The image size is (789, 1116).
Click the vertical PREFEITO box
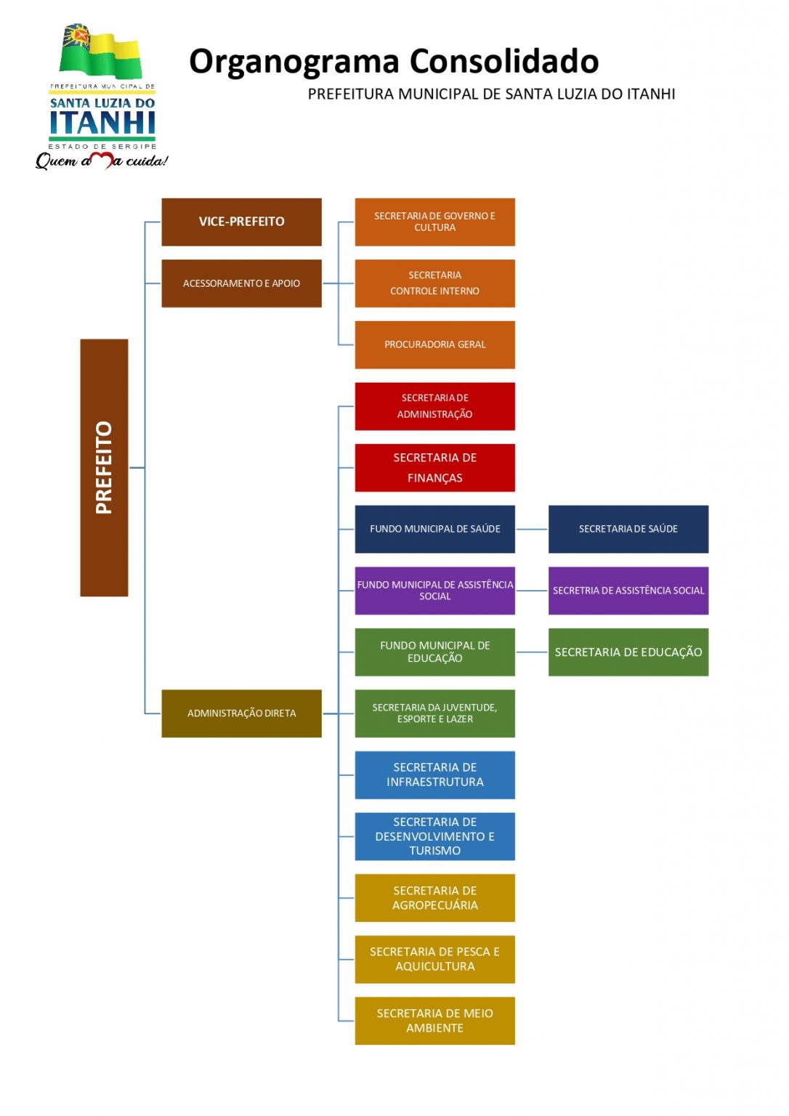point(104,467)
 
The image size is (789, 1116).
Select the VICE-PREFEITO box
point(241,222)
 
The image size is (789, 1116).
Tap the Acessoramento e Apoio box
point(241,283)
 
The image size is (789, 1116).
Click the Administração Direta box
point(241,713)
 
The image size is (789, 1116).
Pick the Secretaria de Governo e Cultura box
point(434,222)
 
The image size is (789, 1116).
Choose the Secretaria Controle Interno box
point(434,283)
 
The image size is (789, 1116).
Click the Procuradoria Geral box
point(434,344)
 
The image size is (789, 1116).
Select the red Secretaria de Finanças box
point(434,468)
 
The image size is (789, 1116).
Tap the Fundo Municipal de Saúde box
point(434,529)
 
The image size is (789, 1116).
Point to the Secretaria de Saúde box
point(628,529)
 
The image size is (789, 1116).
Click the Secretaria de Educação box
point(628,652)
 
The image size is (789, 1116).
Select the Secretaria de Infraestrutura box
point(434,775)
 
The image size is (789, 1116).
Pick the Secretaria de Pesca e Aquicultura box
point(434,959)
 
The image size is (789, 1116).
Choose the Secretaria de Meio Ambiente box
point(434,1021)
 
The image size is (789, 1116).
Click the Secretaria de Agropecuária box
point(434,898)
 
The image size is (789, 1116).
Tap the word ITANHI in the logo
point(102,123)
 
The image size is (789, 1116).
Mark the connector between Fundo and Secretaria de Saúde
point(531,529)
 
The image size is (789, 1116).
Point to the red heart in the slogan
point(103,160)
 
